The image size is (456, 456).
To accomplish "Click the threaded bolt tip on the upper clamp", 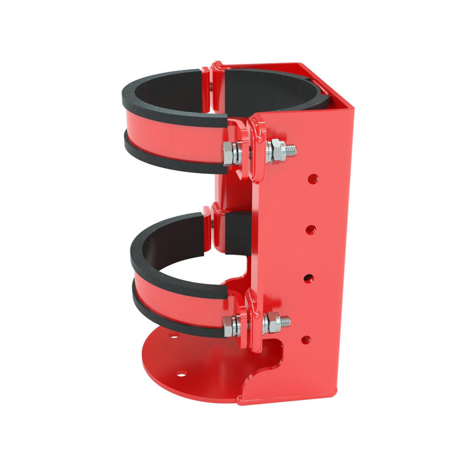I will [291, 150].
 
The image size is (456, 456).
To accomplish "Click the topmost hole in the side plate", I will [313, 178].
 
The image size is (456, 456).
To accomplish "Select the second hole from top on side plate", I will [311, 229].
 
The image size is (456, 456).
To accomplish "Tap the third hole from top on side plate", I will [307, 278].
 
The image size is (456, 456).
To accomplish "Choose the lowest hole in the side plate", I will [305, 339].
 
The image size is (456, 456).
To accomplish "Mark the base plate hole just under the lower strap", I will [173, 337].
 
